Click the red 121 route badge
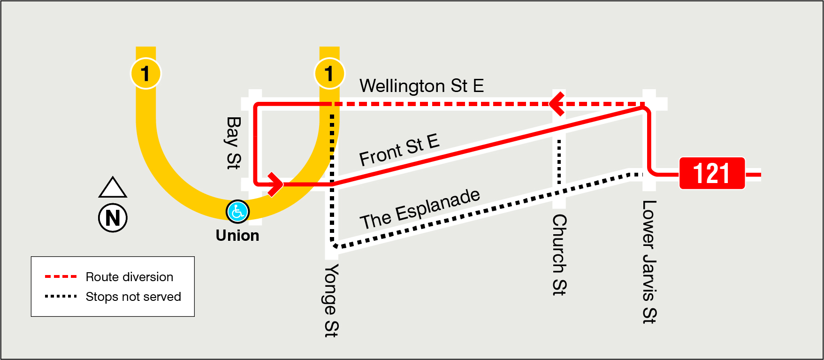pos(712,173)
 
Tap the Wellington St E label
pos(421,86)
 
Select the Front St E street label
pos(399,150)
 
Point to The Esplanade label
pos(420,209)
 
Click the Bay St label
pos(233,143)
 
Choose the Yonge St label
pos(331,300)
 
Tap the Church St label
pos(559,254)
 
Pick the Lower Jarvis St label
pos(649,261)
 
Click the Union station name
pos(237,235)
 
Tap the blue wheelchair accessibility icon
pos(237,212)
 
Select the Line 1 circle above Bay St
pos(145,74)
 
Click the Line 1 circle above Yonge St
pos(329,74)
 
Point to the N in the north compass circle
pos(113,218)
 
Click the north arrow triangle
pos(113,188)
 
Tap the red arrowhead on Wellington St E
pos(557,104)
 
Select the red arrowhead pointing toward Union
pos(275,184)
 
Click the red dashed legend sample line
pos(61,276)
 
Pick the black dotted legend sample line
pos(61,297)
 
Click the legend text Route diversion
pos(130,277)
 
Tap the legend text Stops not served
pos(133,297)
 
